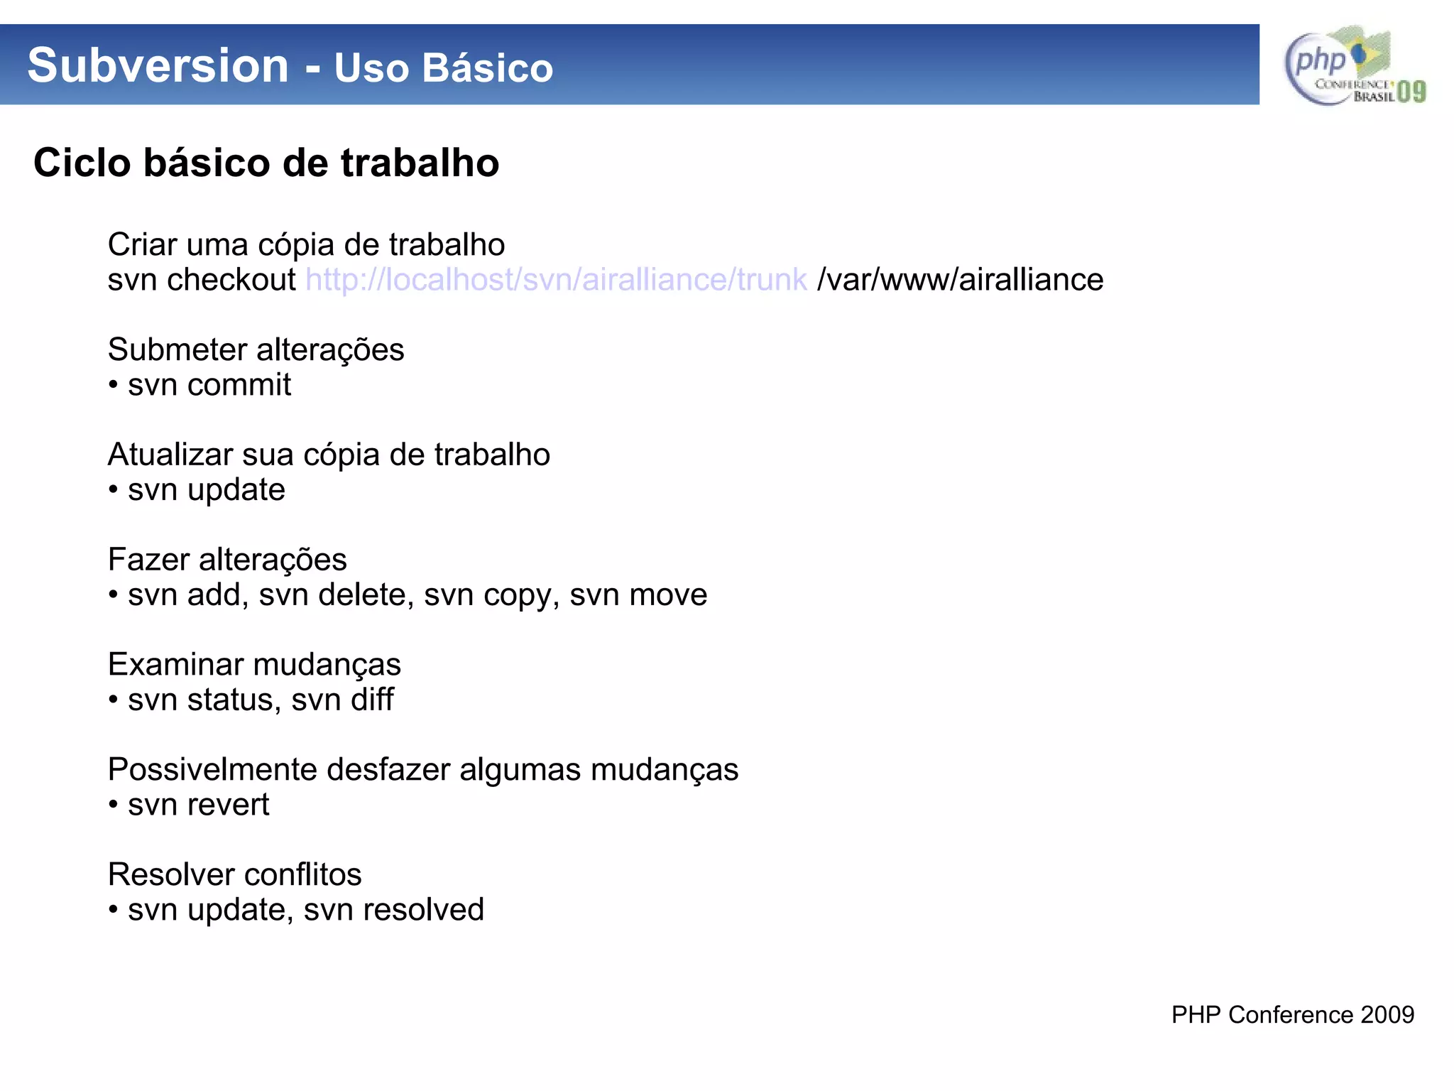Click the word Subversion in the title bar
[x=158, y=65]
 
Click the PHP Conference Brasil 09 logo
[x=1354, y=66]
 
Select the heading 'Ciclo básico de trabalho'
[x=266, y=163]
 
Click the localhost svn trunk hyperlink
[x=556, y=280]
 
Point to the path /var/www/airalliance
[x=960, y=280]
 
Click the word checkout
[x=231, y=280]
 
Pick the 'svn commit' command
[x=209, y=385]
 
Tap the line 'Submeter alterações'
[x=256, y=349]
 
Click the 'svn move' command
[x=638, y=595]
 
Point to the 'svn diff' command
[x=342, y=700]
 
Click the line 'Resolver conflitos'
[x=234, y=874]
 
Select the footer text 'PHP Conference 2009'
[x=1292, y=1014]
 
